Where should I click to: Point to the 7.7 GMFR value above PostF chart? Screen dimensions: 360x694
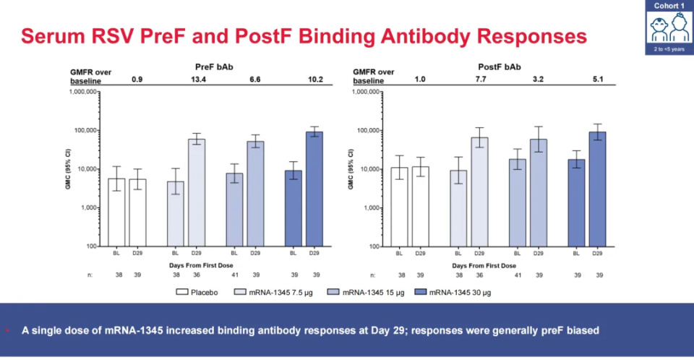pyautogui.click(x=479, y=80)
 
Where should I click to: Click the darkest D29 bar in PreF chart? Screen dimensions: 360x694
pyautogui.click(x=314, y=189)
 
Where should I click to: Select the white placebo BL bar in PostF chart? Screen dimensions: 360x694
pyautogui.click(x=399, y=207)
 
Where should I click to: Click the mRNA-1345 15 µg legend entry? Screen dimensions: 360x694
pyautogui.click(x=357, y=293)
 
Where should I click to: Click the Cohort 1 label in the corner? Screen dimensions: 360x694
pyautogui.click(x=669, y=6)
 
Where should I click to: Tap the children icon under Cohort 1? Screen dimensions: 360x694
pyautogui.click(x=669, y=28)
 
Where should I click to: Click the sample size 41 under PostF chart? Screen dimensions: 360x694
pyautogui.click(x=517, y=275)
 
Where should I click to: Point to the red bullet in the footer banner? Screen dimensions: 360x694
pyautogui.click(x=8, y=330)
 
